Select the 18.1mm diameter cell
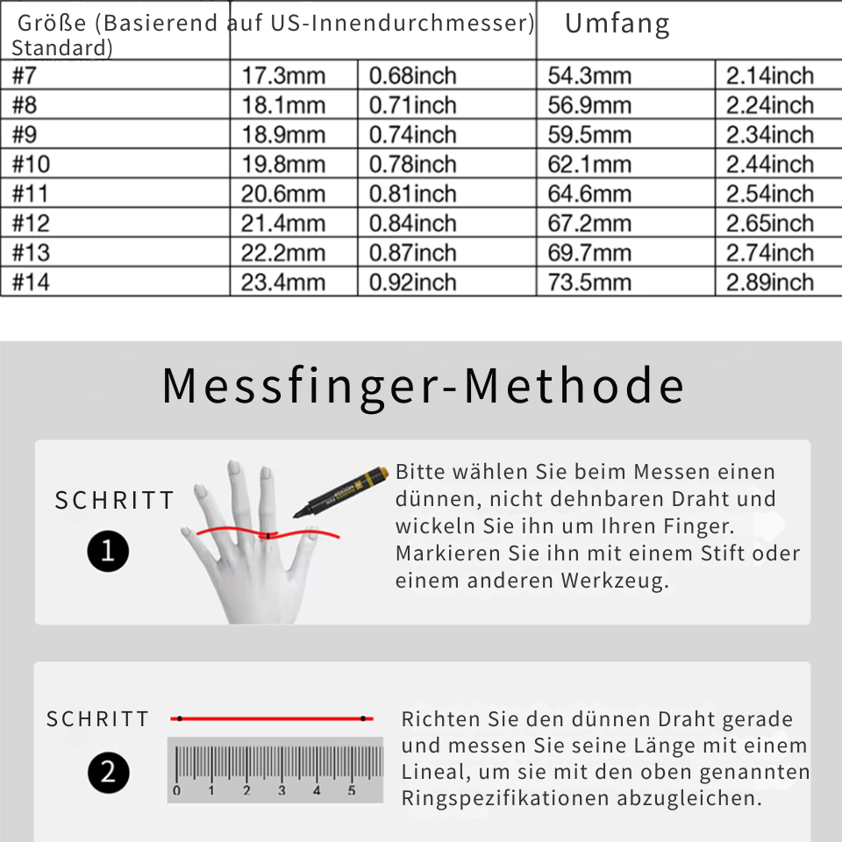pos(283,105)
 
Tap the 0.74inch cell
pos(412,135)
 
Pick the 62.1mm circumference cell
pos(589,165)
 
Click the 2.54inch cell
pos(769,194)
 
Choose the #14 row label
pos(32,282)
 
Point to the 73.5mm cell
pos(589,282)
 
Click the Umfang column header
pos(617,25)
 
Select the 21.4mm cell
pos(283,224)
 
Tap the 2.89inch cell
pos(769,282)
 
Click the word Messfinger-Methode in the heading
pos(423,386)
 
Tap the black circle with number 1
pos(108,552)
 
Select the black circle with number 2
pos(108,773)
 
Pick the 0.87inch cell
pos(412,253)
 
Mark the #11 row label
pos(32,194)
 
